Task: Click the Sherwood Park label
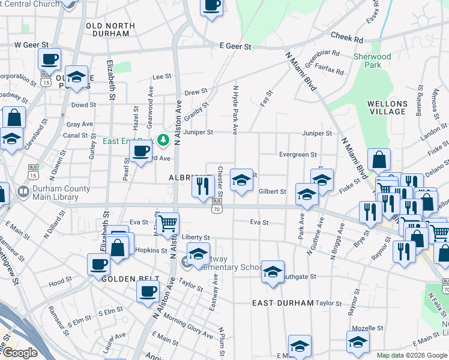(x=372, y=61)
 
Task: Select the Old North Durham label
(x=107, y=29)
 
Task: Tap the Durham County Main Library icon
(x=23, y=192)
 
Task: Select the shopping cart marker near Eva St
(x=168, y=223)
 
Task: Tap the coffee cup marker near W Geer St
(x=50, y=59)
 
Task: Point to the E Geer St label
(x=234, y=46)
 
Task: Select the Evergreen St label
(x=298, y=155)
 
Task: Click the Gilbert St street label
(x=272, y=192)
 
